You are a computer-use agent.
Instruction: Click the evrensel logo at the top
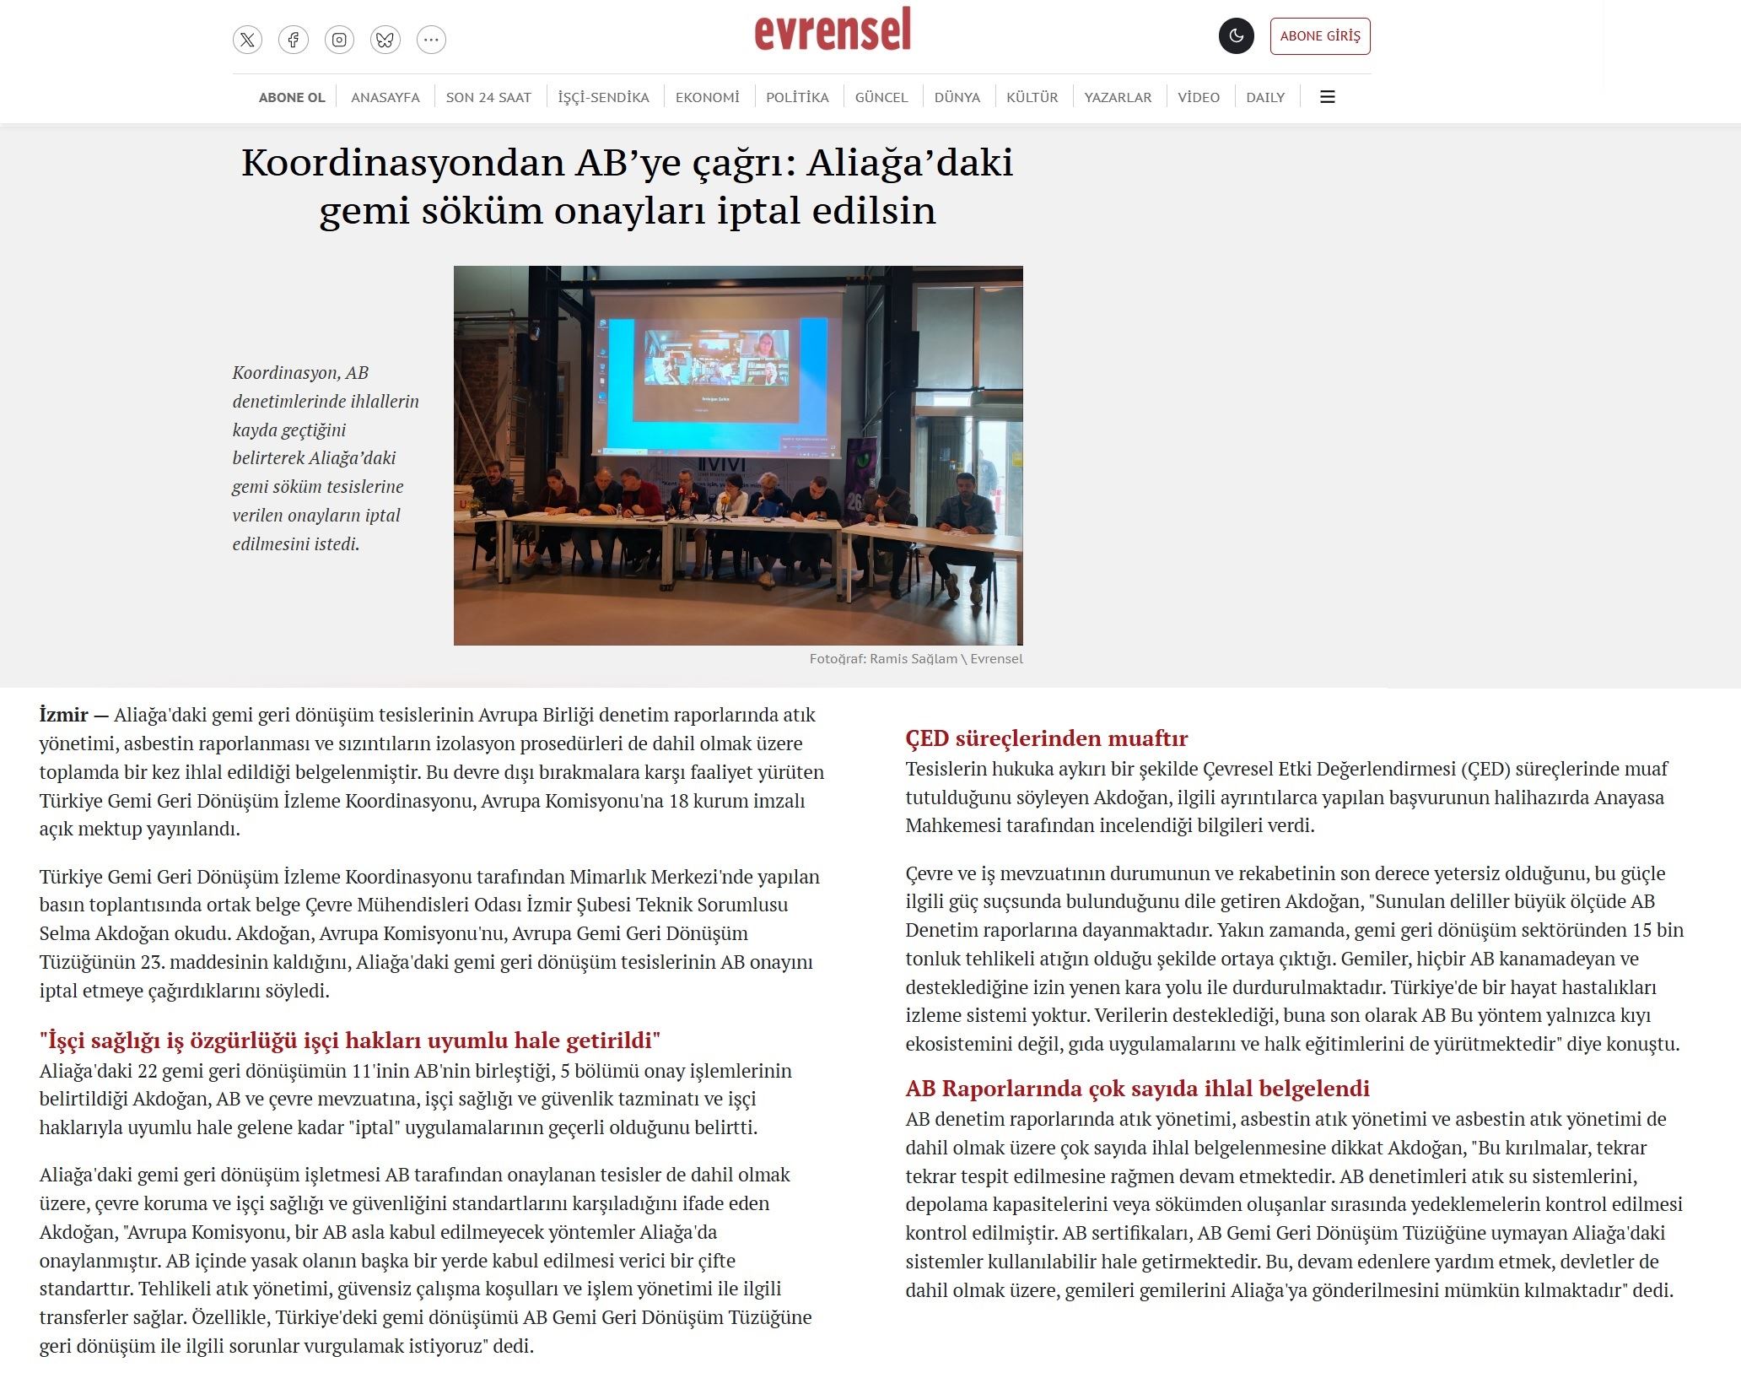[x=832, y=30]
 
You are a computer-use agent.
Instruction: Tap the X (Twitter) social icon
[x=247, y=40]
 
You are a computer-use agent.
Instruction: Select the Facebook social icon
[x=294, y=40]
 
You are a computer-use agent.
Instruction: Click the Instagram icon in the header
[x=339, y=40]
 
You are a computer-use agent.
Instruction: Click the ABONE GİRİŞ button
[x=1319, y=36]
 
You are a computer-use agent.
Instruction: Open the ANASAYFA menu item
[x=385, y=97]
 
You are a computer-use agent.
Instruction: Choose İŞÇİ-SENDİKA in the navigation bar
[x=603, y=97]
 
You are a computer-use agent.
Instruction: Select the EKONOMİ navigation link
[x=707, y=97]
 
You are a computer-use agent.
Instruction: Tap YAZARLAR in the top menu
[x=1118, y=97]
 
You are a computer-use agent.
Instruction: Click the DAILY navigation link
[x=1265, y=97]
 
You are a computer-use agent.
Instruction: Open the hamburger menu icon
[x=1327, y=97]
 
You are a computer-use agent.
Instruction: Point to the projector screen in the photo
[x=716, y=371]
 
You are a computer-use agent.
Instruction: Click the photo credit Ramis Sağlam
[x=914, y=659]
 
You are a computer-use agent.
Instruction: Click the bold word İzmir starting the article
[x=63, y=715]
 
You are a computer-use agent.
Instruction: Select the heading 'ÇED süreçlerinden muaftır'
[x=1046, y=738]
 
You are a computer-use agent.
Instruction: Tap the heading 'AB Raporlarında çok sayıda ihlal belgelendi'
[x=1137, y=1089]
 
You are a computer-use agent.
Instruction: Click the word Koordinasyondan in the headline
[x=402, y=162]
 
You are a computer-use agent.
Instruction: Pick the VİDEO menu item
[x=1199, y=97]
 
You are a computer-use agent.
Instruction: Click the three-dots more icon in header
[x=431, y=40]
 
